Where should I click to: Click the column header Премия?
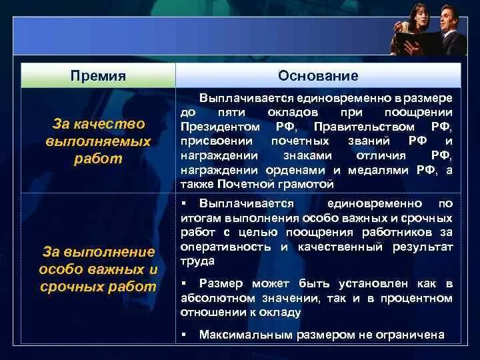click(x=98, y=76)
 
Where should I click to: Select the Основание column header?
click(x=318, y=75)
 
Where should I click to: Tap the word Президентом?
click(x=220, y=127)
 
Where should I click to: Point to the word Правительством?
click(x=364, y=127)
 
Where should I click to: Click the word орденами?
click(x=295, y=170)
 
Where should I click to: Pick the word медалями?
click(x=378, y=170)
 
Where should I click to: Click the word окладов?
click(x=293, y=113)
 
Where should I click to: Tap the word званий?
click(x=369, y=141)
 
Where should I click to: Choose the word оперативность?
click(x=225, y=247)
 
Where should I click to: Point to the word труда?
click(x=197, y=261)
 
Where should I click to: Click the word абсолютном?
click(x=218, y=298)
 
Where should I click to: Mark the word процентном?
click(x=417, y=298)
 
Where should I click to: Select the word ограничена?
click(x=409, y=335)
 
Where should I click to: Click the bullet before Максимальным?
click(x=184, y=334)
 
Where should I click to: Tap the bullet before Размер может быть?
click(x=184, y=283)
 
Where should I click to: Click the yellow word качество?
click(x=109, y=124)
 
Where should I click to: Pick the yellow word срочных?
click(x=72, y=287)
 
